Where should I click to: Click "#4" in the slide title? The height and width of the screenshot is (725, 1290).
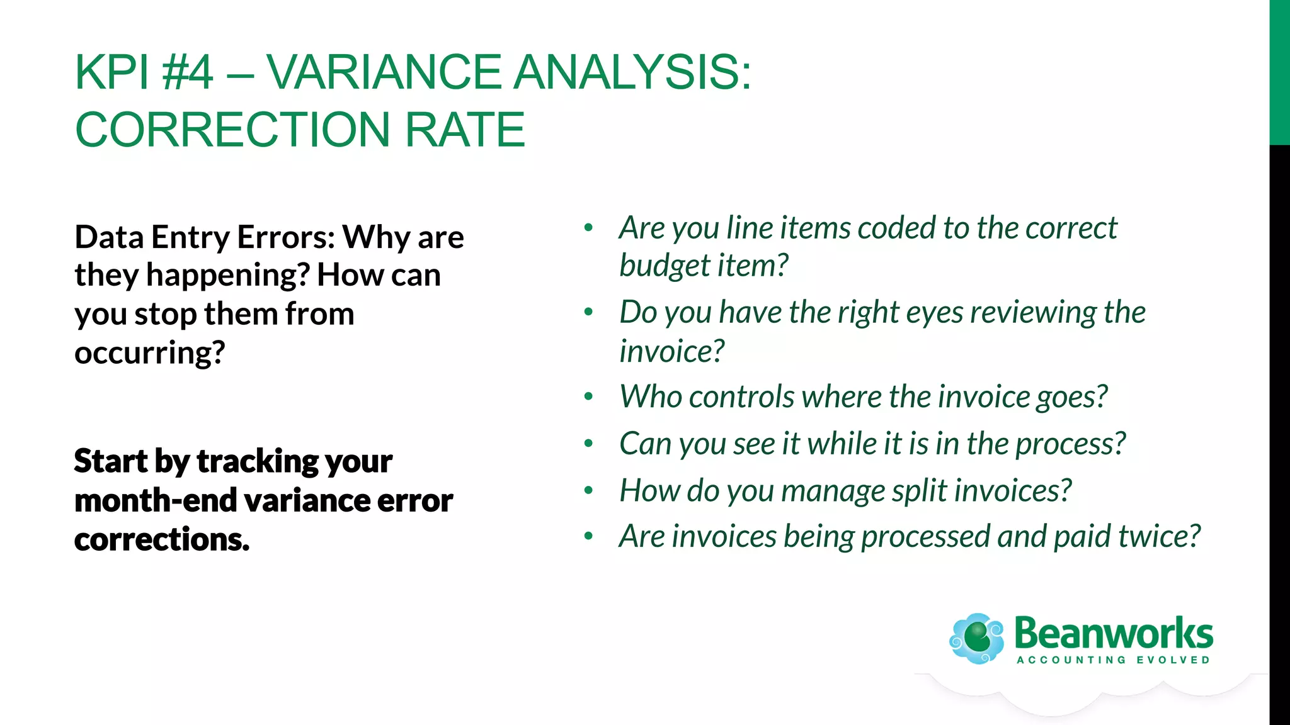pos(187,72)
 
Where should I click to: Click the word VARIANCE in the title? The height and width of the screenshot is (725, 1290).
pos(384,72)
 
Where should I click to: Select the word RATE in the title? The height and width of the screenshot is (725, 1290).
pos(464,130)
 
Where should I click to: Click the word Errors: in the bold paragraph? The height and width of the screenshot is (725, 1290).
pos(286,238)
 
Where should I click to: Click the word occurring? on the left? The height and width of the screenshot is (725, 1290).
pos(149,353)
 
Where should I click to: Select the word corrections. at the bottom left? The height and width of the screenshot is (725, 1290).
pos(161,540)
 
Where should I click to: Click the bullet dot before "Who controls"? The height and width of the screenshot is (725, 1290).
pos(588,397)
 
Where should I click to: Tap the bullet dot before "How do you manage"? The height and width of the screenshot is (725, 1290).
pos(588,490)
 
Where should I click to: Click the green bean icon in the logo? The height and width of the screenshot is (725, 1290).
pos(977,638)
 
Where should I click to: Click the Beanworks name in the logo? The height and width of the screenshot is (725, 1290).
pos(1113,633)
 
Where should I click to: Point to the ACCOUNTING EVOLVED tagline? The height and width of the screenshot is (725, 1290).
pos(1113,660)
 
